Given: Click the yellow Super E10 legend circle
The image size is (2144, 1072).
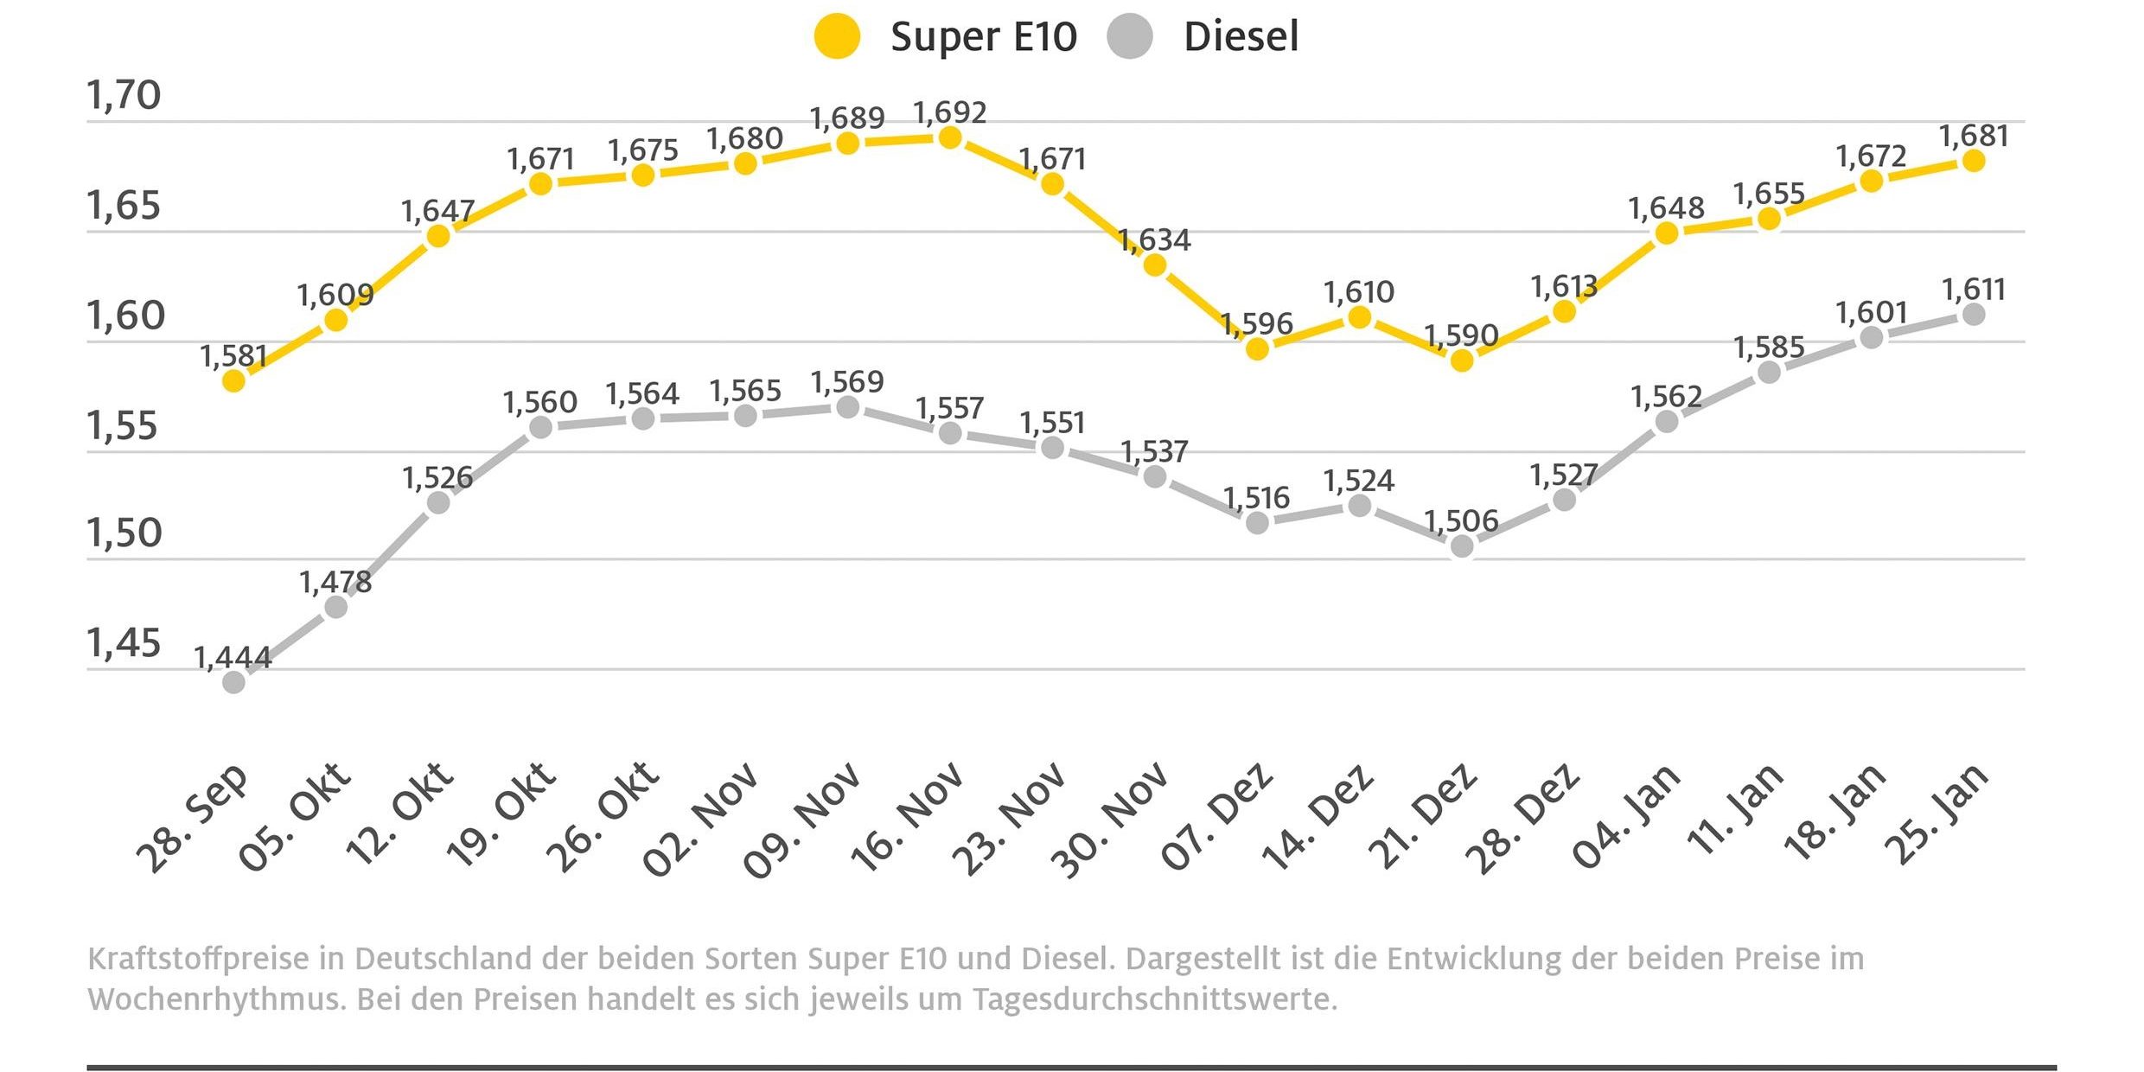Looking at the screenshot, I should pyautogui.click(x=837, y=36).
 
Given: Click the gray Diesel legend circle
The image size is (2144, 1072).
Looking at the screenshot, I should pyautogui.click(x=1129, y=36).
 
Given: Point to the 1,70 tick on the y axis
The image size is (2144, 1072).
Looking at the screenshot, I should pyautogui.click(x=124, y=95).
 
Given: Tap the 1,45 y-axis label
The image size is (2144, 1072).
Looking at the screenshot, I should pyautogui.click(x=124, y=643).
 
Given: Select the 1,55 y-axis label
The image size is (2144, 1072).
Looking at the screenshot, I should pyautogui.click(x=122, y=426).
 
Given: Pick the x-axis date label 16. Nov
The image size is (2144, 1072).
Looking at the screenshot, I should pyautogui.click(x=907, y=816).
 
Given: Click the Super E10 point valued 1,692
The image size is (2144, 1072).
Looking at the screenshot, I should pyautogui.click(x=950, y=138).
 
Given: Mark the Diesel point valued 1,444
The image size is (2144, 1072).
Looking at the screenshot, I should pyautogui.click(x=233, y=682).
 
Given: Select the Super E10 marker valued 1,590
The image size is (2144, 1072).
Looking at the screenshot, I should pyautogui.click(x=1462, y=361).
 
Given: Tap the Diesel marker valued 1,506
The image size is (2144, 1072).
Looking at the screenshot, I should pyautogui.click(x=1462, y=546).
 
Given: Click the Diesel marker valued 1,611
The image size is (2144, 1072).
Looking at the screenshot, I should pyautogui.click(x=1974, y=315).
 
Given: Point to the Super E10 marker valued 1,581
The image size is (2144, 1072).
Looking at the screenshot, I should pyautogui.click(x=233, y=380).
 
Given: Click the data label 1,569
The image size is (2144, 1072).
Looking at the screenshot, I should pyautogui.click(x=847, y=382).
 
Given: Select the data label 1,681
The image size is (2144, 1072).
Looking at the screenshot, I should pyautogui.click(x=1974, y=137).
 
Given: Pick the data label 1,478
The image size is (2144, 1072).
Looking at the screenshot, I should pyautogui.click(x=335, y=583).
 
